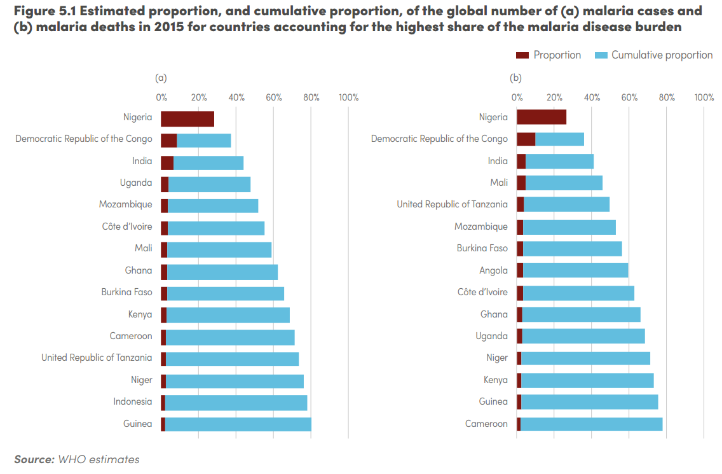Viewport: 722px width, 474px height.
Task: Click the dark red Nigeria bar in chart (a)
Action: click(x=187, y=119)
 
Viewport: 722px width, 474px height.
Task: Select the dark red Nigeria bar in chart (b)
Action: click(x=541, y=117)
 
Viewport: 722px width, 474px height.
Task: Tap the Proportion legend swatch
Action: click(x=522, y=55)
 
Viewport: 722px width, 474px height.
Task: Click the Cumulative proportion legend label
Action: click(x=662, y=55)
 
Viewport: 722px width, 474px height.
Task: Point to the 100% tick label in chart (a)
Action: click(x=348, y=97)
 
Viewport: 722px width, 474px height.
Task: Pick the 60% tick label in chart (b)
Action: click(x=629, y=97)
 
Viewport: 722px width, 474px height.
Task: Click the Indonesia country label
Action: click(x=133, y=401)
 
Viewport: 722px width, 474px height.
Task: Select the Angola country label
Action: click(x=493, y=270)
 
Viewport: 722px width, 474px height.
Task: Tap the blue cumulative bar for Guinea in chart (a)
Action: click(x=238, y=424)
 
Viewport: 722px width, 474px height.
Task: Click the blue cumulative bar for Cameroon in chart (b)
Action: click(x=591, y=424)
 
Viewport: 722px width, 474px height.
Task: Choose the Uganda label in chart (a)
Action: click(x=136, y=183)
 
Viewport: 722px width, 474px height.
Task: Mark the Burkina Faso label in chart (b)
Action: click(x=482, y=249)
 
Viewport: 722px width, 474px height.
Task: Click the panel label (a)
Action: click(x=161, y=78)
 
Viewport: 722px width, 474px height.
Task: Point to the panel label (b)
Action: click(x=515, y=78)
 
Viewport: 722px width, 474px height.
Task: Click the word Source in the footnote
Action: click(x=34, y=459)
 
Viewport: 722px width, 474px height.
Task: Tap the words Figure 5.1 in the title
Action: click(x=44, y=11)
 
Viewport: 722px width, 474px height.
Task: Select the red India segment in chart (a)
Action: click(x=167, y=163)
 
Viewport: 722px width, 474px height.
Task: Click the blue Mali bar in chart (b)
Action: click(x=564, y=183)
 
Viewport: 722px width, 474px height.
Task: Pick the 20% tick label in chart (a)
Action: click(x=199, y=97)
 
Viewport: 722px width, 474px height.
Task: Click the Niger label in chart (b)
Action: click(x=497, y=358)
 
